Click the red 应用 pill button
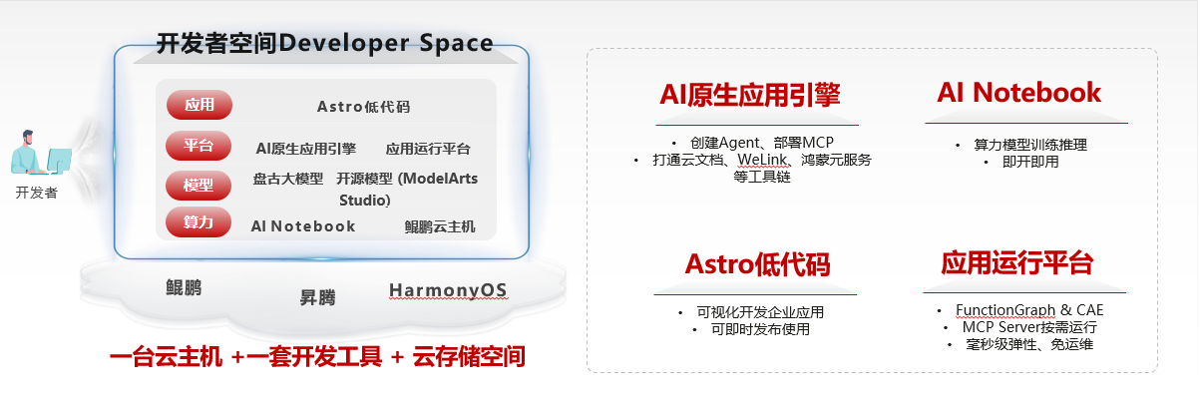[200, 105]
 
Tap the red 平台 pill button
[199, 146]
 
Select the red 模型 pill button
[199, 186]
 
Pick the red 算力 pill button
[199, 221]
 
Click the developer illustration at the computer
[41, 153]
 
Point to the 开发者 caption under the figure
[37, 193]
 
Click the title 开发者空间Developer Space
[324, 44]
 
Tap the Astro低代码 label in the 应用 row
[364, 107]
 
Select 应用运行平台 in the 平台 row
[428, 149]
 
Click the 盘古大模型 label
[288, 179]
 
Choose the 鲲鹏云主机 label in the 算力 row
[440, 226]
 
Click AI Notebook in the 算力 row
[303, 226]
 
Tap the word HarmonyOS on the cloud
[448, 290]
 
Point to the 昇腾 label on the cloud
[317, 297]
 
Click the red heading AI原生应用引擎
[750, 95]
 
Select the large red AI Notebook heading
[1018, 92]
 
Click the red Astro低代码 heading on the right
[757, 264]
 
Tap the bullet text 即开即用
[1030, 162]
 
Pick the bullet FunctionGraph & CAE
[1029, 310]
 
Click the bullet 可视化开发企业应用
[760, 312]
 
